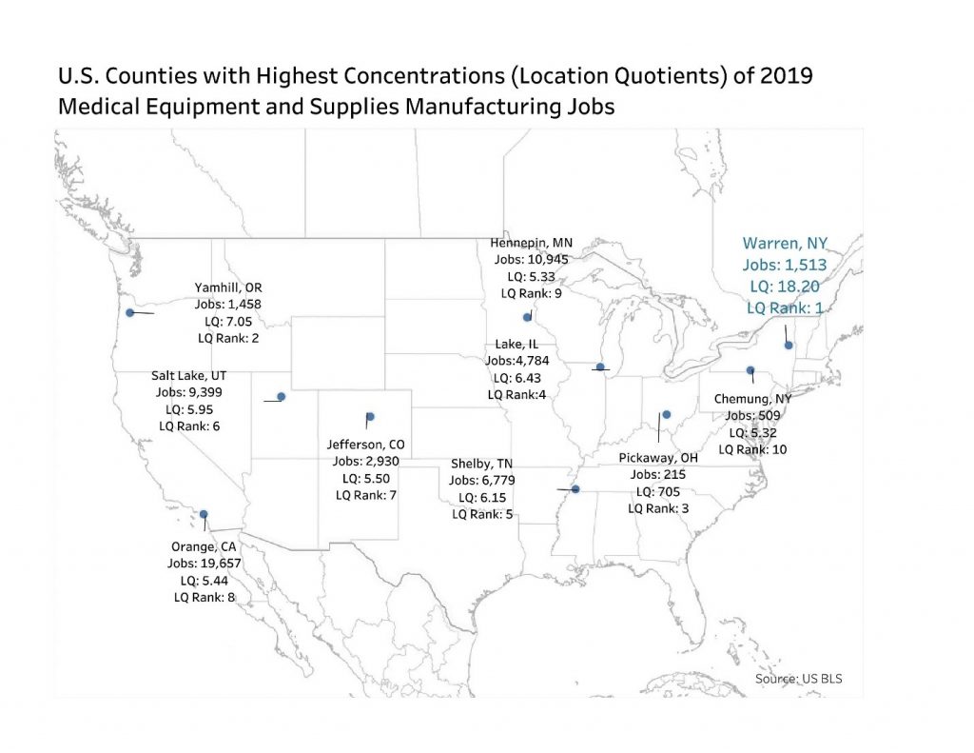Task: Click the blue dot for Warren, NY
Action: tap(789, 346)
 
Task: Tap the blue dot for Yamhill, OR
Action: tap(129, 311)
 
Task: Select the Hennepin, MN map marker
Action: tap(527, 317)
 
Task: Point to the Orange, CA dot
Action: tap(204, 514)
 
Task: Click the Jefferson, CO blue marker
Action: tap(370, 416)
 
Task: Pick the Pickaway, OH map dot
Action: tap(666, 415)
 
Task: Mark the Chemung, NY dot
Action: tap(750, 369)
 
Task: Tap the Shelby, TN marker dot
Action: tap(575, 489)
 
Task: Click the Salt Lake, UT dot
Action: tap(281, 397)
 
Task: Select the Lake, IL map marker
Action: tap(600, 367)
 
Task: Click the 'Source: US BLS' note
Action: tap(798, 679)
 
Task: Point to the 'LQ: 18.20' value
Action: tap(782, 285)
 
